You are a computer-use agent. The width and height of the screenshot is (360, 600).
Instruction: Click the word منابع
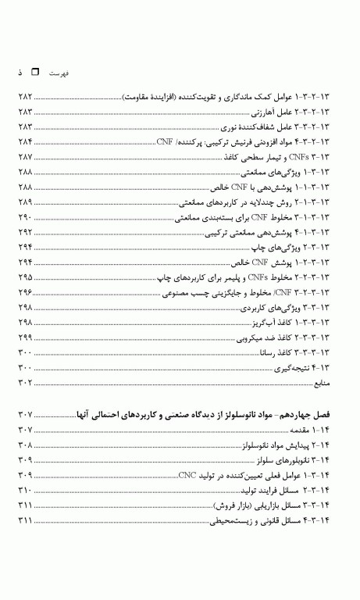pos(324,382)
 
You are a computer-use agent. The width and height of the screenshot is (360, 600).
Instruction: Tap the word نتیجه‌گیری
pos(294,367)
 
